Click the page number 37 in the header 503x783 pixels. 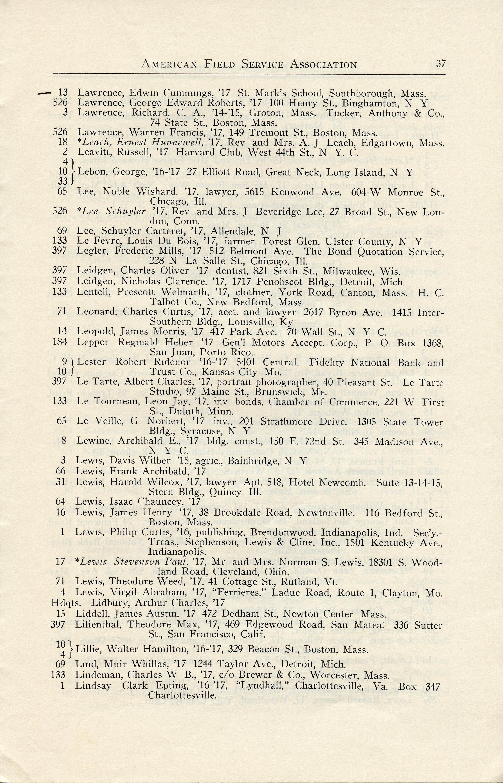point(441,63)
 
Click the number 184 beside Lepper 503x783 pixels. point(59,342)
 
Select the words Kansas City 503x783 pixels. point(228,372)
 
